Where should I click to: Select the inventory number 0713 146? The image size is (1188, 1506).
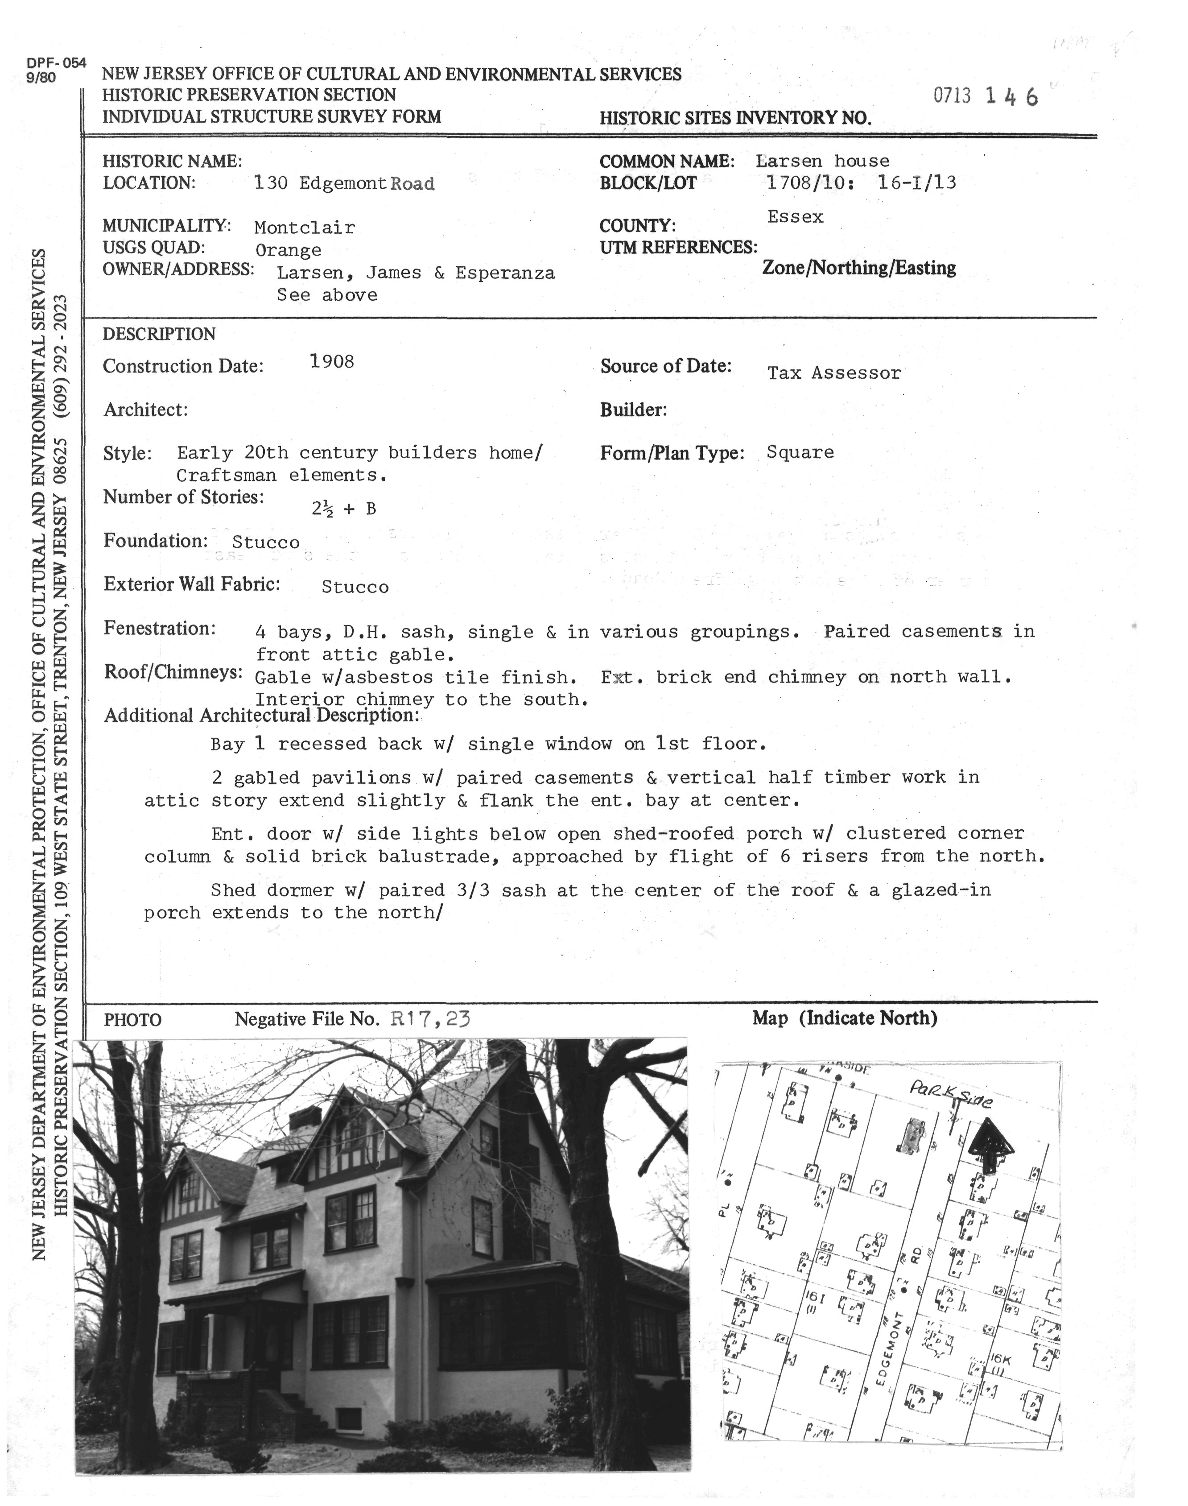pos(985,96)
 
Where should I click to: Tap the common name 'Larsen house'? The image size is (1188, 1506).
pos(822,161)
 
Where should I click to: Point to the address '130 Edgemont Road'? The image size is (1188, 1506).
pos(344,184)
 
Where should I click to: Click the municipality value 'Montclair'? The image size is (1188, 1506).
pos(305,228)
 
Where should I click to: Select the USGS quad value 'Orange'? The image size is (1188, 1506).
pos(288,250)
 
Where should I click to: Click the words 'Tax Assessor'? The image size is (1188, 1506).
pos(833,373)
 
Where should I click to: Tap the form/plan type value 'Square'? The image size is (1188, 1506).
pos(800,452)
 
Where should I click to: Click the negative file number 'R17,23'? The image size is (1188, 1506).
pos(430,1019)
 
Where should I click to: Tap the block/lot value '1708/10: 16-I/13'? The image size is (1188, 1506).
pos(860,183)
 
